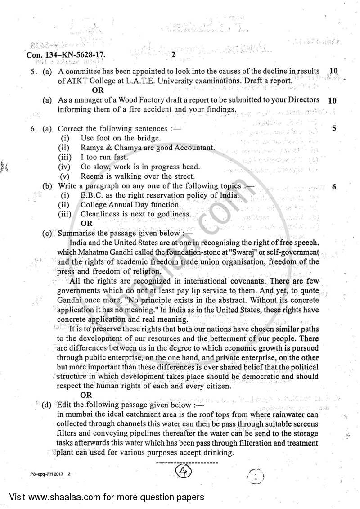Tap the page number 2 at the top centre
[173, 56]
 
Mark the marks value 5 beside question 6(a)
[334, 129]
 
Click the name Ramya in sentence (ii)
[92, 148]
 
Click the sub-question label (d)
[46, 405]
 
